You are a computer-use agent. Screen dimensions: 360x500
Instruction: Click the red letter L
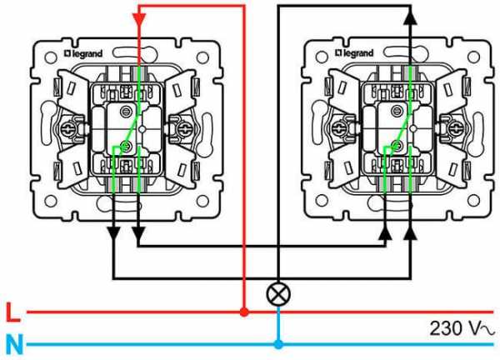coord(11,313)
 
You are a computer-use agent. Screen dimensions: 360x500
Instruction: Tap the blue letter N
coord(12,343)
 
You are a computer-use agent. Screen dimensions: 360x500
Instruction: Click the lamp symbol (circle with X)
coord(277,293)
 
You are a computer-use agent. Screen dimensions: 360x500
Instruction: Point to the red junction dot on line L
coord(243,312)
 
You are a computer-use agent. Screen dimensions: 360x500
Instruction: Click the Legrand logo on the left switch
coord(85,54)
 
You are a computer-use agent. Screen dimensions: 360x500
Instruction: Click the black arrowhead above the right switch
coord(409,16)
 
